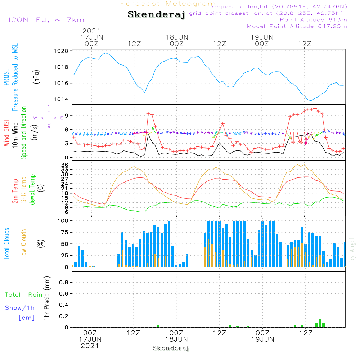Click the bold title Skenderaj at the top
[x=156, y=15]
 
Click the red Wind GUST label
[x=6, y=131]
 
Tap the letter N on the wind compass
[x=49, y=107]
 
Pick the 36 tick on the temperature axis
[x=65, y=165]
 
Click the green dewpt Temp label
[x=33, y=190]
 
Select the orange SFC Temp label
[x=24, y=190]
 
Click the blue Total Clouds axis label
[x=6, y=244]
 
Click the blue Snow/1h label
[x=20, y=308]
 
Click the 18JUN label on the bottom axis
[x=176, y=339]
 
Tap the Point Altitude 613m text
[x=313, y=19]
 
